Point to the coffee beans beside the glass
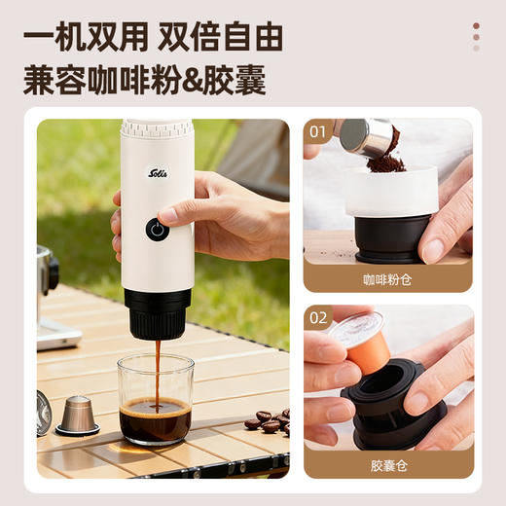point(268,421)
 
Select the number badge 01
point(318,131)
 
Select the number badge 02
point(318,318)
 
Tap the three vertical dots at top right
point(476,37)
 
